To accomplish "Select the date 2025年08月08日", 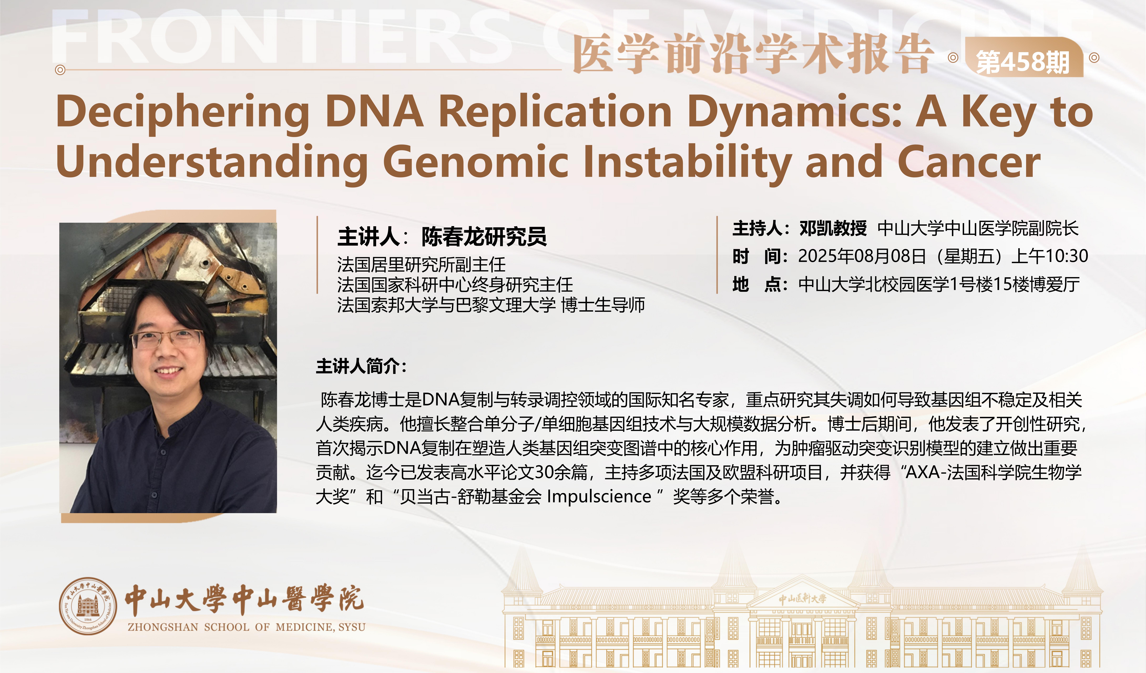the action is tap(862, 256).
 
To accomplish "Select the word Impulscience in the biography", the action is tap(599, 497).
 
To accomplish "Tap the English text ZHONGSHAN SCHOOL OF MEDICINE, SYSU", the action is tap(246, 627).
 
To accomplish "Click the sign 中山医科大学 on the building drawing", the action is tap(803, 598).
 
